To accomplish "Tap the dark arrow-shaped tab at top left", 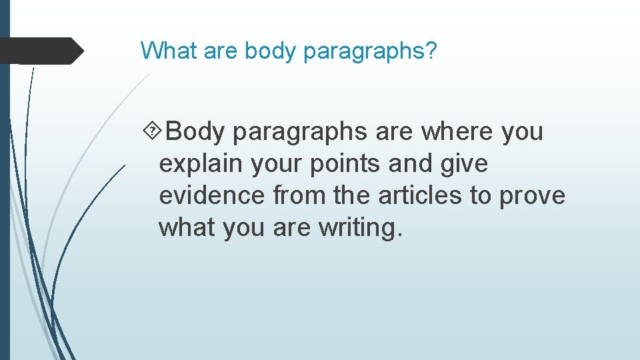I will pyautogui.click(x=40, y=51).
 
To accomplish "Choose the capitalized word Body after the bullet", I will pyautogui.click(x=195, y=132).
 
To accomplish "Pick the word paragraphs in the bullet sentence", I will pyautogui.click(x=301, y=132).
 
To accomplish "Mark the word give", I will pyautogui.click(x=465, y=164).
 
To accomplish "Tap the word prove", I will pyautogui.click(x=533, y=196).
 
